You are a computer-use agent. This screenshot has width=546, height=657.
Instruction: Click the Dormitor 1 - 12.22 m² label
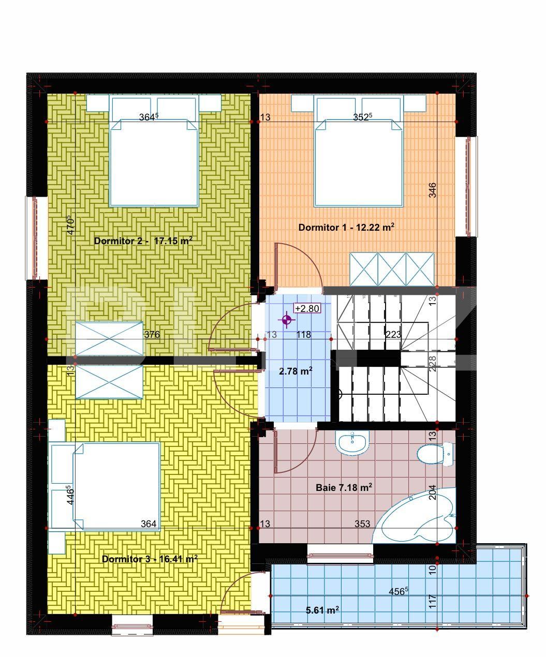point(347,227)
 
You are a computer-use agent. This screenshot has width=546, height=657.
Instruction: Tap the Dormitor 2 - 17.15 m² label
point(143,241)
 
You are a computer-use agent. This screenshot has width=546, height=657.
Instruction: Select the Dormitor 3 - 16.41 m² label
point(150,559)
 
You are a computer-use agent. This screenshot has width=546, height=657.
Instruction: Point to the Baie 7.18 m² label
point(344,487)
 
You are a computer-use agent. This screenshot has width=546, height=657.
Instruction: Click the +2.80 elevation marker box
point(307,309)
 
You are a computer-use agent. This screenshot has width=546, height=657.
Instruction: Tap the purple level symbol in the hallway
point(287,321)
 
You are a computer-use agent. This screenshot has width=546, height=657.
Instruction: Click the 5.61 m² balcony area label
point(322,610)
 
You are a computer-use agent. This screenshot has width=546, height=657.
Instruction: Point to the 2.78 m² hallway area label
point(296,371)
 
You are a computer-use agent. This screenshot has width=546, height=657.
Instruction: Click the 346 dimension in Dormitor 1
point(433,190)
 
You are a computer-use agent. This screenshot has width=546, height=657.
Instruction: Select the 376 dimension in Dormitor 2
point(152,335)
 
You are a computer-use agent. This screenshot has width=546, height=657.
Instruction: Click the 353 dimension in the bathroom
point(362,524)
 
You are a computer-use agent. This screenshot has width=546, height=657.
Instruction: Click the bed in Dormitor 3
point(109,486)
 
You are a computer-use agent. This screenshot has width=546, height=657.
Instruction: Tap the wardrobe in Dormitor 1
point(392,269)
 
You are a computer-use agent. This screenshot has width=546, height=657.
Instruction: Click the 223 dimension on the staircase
point(393,335)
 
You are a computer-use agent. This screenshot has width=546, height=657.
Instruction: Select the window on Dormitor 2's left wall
point(36,238)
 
